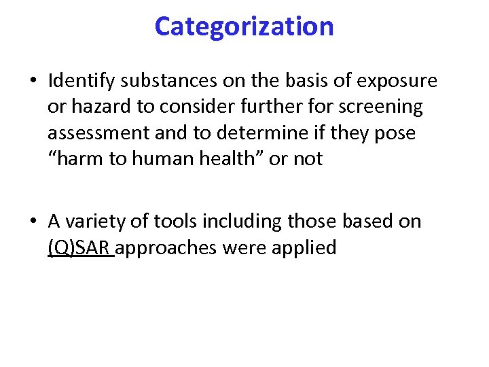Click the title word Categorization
pyautogui.click(x=244, y=27)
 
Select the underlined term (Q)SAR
pyautogui.click(x=79, y=247)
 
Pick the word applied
pyautogui.click(x=304, y=247)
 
